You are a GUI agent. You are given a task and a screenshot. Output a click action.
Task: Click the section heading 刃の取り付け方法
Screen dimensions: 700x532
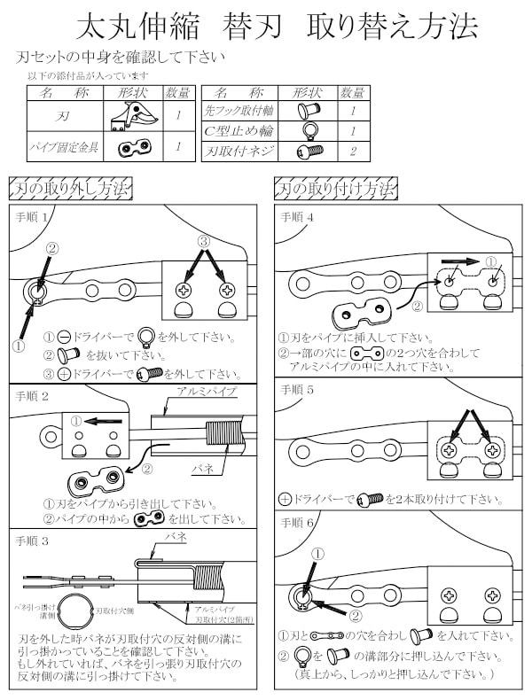coord(336,189)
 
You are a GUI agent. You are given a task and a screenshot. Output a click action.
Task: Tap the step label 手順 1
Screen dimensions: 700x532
coord(33,216)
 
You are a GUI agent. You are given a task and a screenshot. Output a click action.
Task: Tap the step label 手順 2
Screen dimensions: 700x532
coord(33,396)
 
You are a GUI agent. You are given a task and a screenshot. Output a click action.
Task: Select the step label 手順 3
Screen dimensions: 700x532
coord(33,540)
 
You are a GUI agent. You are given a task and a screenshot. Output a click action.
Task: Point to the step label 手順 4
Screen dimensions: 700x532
coord(298,216)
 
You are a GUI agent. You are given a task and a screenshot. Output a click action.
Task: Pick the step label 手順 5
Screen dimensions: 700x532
coord(298,389)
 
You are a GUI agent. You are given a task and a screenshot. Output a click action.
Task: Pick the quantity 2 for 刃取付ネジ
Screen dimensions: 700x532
coord(353,152)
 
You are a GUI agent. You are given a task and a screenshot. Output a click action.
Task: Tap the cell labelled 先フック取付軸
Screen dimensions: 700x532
coord(239,112)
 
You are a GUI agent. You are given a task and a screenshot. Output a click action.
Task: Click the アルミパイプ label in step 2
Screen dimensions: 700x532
coord(206,391)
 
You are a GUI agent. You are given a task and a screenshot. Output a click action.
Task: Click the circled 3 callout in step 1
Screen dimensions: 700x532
coord(203,240)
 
